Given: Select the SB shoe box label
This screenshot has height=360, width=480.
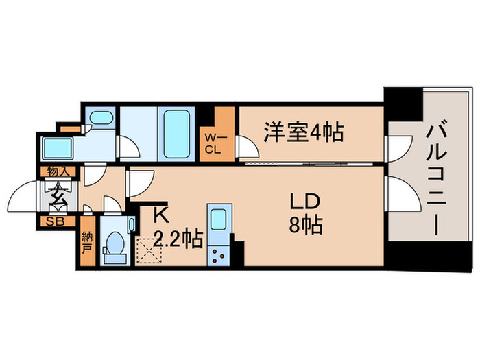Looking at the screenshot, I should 53,221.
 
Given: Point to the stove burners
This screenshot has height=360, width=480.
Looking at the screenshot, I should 221,254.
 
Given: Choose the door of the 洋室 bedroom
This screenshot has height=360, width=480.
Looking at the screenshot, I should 248,147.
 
